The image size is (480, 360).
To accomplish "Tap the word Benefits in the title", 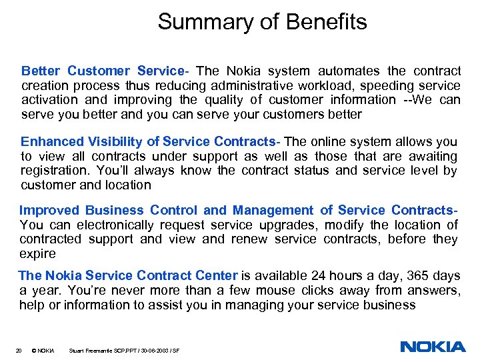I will point(328,23).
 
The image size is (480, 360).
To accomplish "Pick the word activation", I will point(49,100).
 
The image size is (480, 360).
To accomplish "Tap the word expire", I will point(37,253).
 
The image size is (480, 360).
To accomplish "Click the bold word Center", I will point(215,276).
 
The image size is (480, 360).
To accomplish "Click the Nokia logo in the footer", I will point(433,347).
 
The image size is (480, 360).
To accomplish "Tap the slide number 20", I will point(19,350).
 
